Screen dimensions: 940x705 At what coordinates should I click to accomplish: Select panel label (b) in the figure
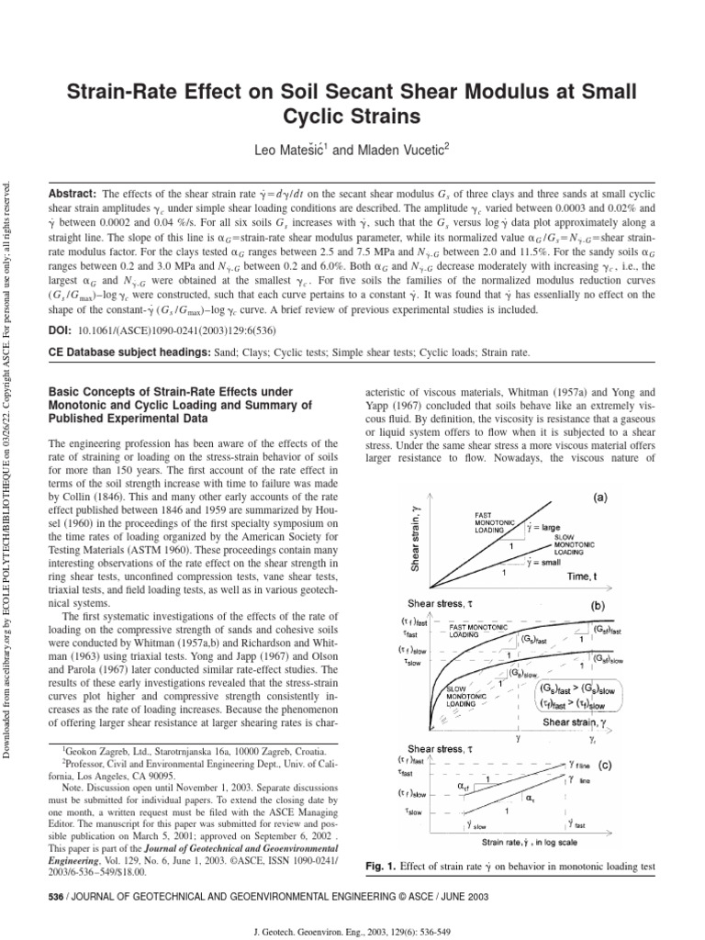pyautogui.click(x=597, y=606)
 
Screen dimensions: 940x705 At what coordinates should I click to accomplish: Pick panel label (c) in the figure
pyautogui.click(x=604, y=764)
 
